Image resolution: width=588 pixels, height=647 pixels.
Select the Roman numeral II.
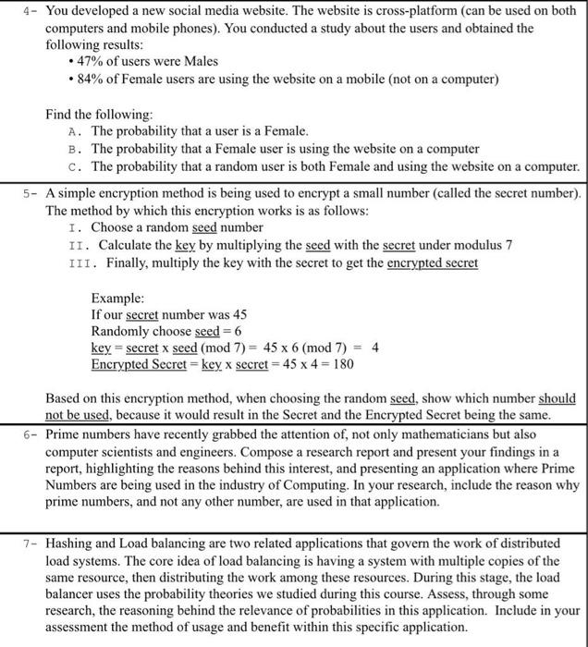coord(78,245)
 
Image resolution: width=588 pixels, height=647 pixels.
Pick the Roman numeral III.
coord(81,262)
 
